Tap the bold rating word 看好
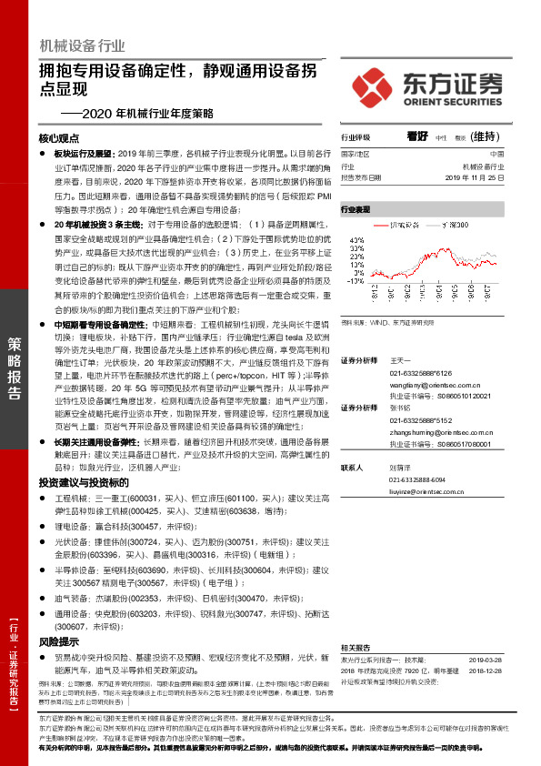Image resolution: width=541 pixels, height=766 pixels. pyautogui.click(x=417, y=136)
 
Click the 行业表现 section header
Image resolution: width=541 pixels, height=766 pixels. pyautogui.click(x=356, y=209)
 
